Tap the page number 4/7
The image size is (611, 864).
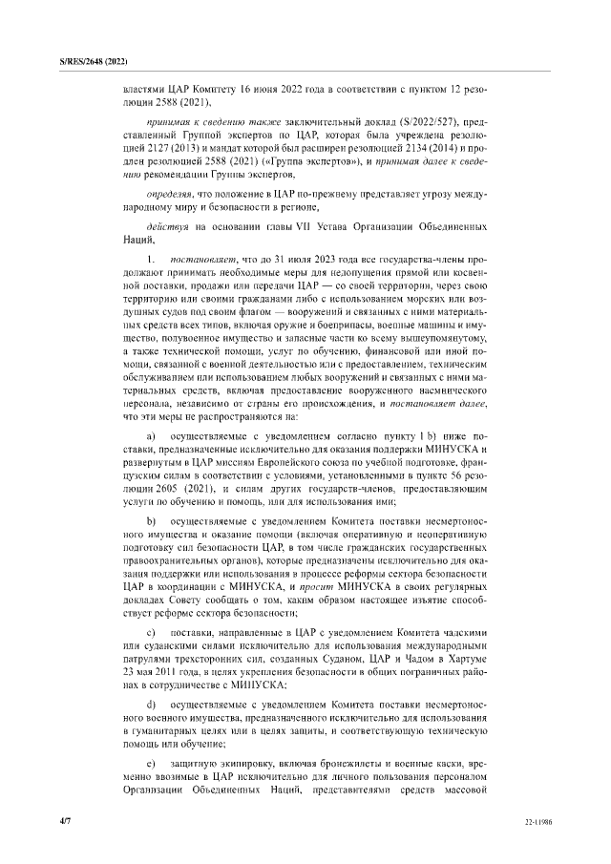point(65,820)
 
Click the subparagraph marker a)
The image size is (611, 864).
point(152,435)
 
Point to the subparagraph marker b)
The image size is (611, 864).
point(152,521)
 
